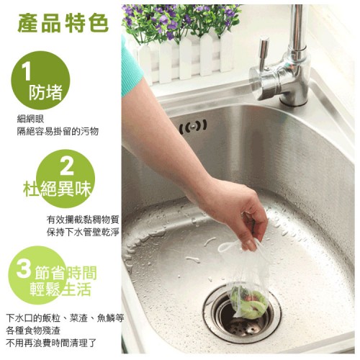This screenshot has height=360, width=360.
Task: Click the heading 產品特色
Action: click(63, 23)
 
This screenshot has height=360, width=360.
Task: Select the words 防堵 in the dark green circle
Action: click(45, 92)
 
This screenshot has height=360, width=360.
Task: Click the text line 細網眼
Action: click(30, 119)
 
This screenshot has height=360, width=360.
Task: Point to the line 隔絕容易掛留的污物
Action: click(58, 131)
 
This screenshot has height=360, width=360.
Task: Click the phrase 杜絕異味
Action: click(58, 189)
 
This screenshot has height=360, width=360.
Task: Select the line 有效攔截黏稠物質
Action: click(83, 220)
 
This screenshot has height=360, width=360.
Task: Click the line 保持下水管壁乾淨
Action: click(83, 232)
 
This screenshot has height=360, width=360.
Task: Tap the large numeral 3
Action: click(24, 269)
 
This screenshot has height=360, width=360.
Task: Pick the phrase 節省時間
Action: click(66, 273)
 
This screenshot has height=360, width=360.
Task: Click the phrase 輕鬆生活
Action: click(60, 289)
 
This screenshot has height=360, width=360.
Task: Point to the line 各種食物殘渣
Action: click(33, 330)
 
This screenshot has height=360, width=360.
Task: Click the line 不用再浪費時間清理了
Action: click(51, 343)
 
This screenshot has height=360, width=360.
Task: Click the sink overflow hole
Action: click(193, 127)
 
